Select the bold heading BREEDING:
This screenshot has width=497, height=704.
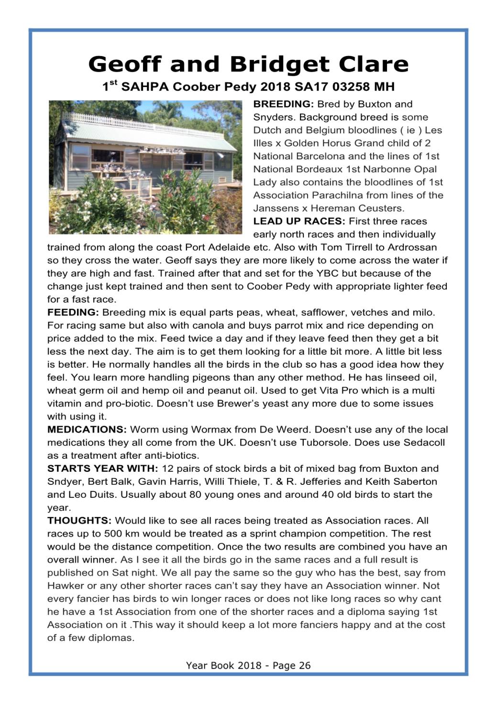pos(283,104)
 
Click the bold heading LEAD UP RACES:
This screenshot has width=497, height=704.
pos(299,222)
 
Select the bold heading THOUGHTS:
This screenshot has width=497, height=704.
pos(79,521)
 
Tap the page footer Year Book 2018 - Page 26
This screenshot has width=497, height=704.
pos(248,665)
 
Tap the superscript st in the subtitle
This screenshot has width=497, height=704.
pos(113,83)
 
